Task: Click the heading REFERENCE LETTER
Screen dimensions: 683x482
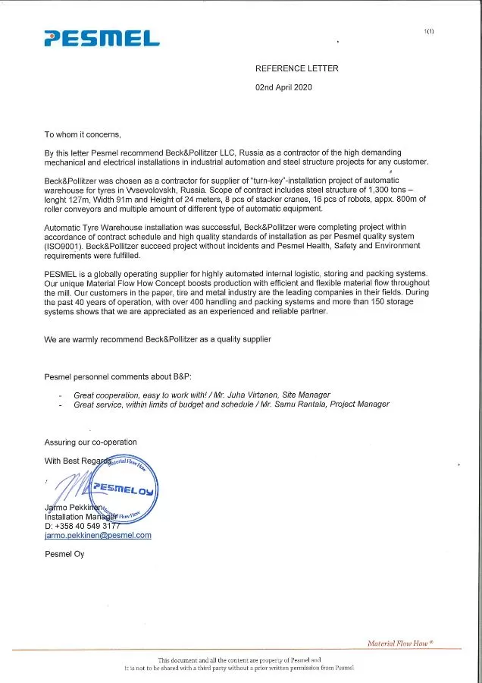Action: click(x=297, y=68)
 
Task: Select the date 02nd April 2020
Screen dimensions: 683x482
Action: click(x=283, y=87)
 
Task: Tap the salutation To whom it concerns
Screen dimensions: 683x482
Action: click(x=83, y=134)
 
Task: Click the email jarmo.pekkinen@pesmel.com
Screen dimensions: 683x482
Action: click(x=98, y=534)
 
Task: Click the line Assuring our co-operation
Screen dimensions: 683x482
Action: click(x=91, y=442)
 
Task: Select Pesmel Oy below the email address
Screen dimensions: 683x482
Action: click(x=65, y=553)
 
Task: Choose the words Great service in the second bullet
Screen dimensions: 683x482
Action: click(x=97, y=404)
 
